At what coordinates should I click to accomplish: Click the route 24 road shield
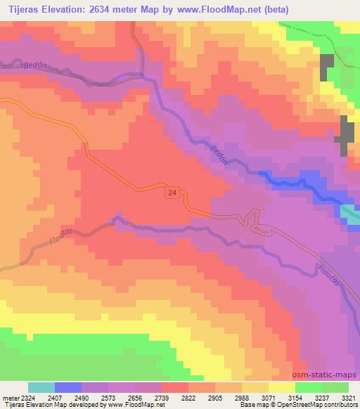(172, 192)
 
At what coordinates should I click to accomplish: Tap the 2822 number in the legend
(188, 397)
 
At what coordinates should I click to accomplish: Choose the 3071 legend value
(268, 397)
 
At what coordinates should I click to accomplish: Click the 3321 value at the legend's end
(348, 397)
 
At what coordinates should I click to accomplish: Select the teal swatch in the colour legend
(41, 387)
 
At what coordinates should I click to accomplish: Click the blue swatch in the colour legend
(68, 387)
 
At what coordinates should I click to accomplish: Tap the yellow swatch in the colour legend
(281, 387)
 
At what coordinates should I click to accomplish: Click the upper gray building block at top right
(327, 67)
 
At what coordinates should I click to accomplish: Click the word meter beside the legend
(10, 397)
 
